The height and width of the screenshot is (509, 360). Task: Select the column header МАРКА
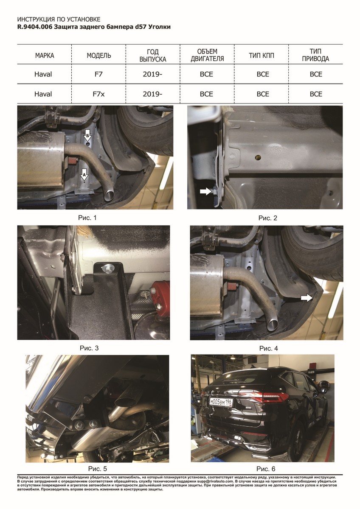[x=45, y=56]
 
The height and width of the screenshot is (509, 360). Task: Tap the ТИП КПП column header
[x=262, y=56]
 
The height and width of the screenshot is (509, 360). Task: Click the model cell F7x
[x=98, y=94]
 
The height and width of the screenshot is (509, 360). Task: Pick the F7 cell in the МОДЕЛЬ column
[x=98, y=74]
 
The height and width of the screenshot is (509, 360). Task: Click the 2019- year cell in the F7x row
[x=152, y=94]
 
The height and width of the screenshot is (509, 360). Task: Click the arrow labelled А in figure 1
[x=84, y=174]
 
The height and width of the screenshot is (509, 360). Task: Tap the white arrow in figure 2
[x=205, y=192]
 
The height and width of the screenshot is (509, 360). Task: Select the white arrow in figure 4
[x=307, y=298]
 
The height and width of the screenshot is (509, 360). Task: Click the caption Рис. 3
[x=89, y=348]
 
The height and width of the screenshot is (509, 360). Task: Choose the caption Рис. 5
[x=97, y=469]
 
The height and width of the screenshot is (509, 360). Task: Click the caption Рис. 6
[x=266, y=469]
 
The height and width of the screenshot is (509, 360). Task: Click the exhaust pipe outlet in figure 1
[x=109, y=196]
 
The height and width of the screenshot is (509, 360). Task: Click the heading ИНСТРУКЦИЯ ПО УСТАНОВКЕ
[x=59, y=20]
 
